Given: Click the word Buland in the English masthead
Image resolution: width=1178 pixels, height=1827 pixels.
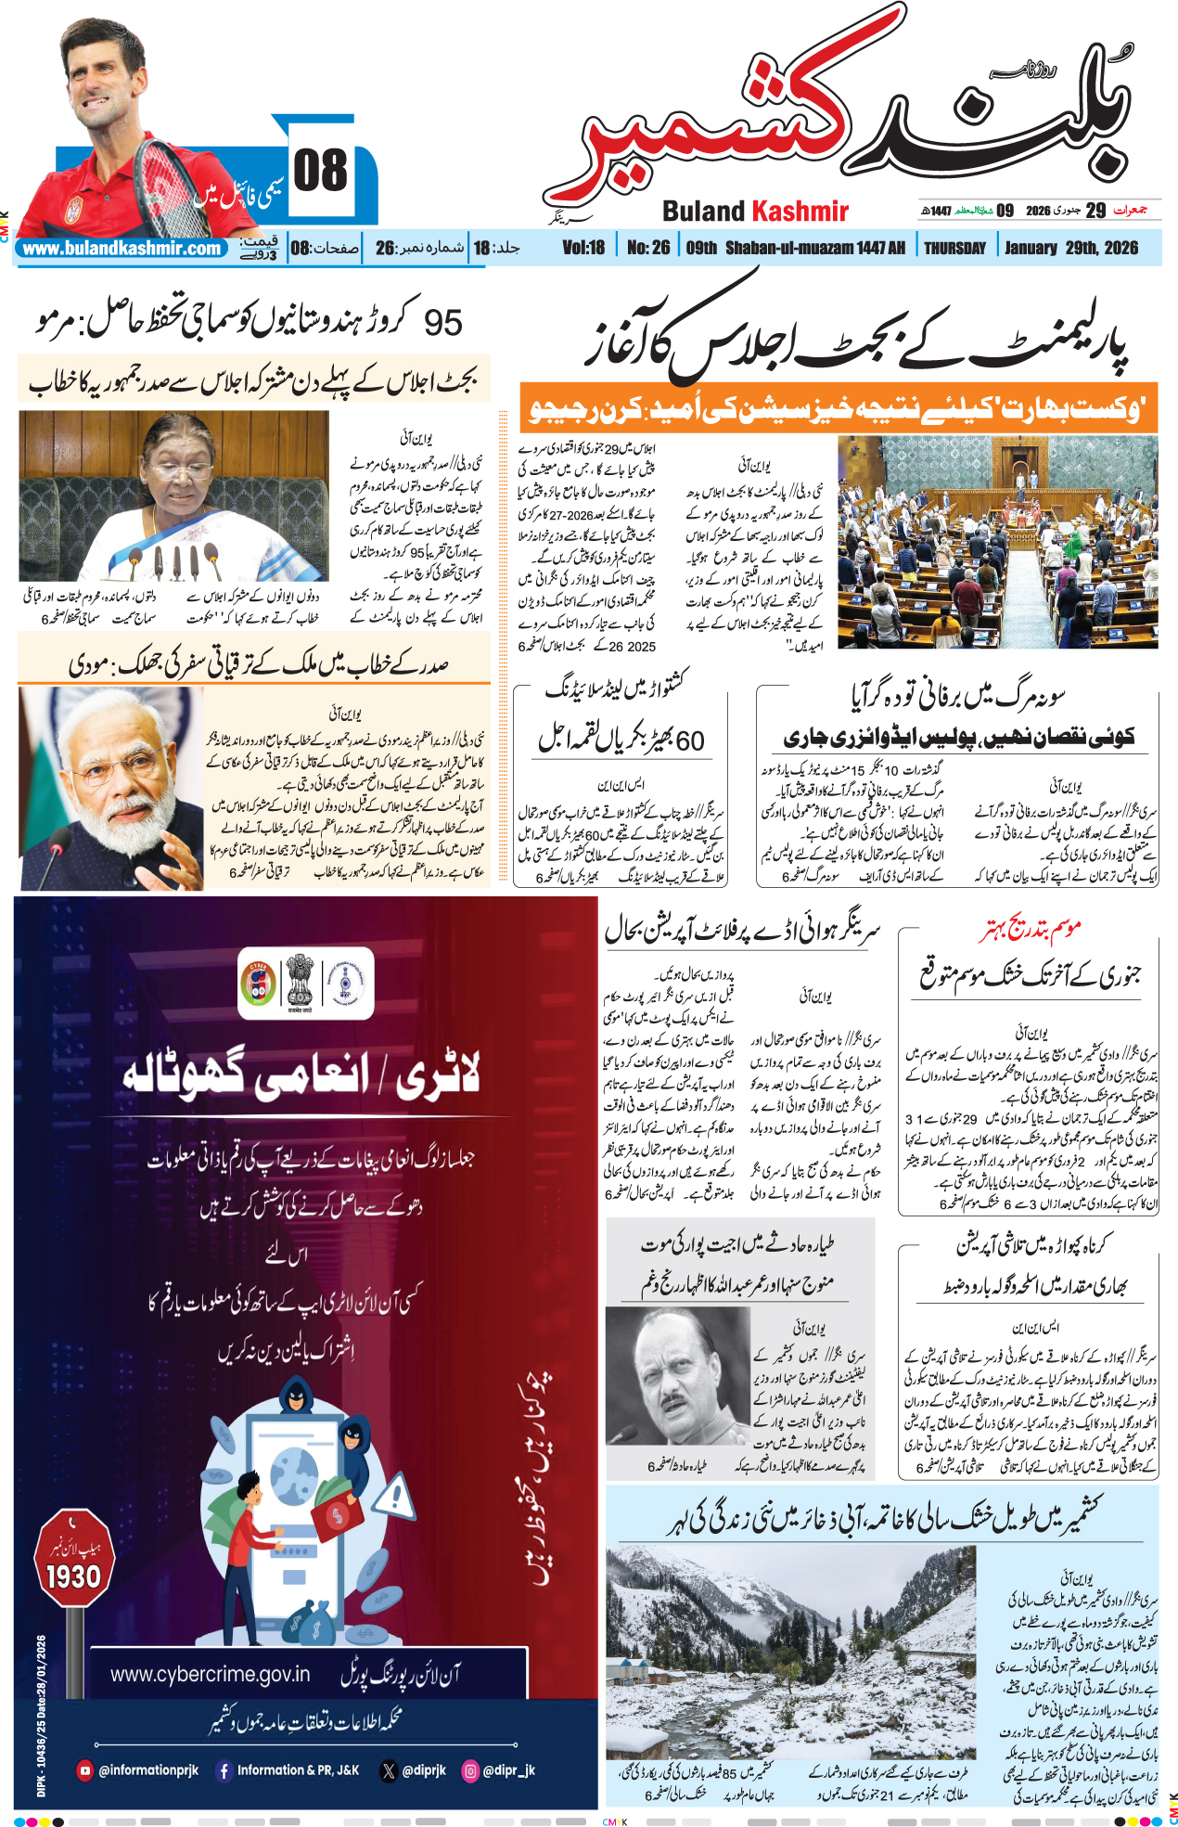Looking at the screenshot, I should coord(703,212).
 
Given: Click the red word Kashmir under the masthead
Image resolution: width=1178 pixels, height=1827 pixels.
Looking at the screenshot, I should coord(800,212).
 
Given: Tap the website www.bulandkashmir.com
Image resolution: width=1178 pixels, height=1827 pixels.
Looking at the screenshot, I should coord(122,249).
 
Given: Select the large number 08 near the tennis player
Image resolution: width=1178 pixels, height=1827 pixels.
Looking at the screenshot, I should coord(321,172).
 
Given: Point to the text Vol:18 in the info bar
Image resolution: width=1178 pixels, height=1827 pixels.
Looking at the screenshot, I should coord(583,248).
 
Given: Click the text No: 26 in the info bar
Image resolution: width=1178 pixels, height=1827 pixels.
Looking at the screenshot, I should coord(647,248).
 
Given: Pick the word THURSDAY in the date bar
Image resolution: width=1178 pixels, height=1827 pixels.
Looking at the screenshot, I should coord(954,248).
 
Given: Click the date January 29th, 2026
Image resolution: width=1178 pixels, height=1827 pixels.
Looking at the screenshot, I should coord(1070,248).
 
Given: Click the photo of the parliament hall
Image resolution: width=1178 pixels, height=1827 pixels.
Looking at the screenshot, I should coord(997,542).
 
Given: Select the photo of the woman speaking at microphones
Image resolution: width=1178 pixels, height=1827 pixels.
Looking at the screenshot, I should coord(173,496).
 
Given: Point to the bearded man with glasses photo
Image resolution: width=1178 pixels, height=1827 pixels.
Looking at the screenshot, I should coord(111,789).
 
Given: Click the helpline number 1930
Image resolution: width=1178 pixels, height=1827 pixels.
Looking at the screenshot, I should coord(73,1576).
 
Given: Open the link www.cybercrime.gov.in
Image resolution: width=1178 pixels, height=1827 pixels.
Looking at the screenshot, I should coord(210,1674).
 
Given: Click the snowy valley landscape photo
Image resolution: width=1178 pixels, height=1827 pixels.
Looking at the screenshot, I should coord(791,1653).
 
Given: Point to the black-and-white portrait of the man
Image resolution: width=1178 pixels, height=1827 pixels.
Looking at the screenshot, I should coord(677,1377).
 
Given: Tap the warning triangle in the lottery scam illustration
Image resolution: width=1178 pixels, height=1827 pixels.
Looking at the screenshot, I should coord(397,1497).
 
